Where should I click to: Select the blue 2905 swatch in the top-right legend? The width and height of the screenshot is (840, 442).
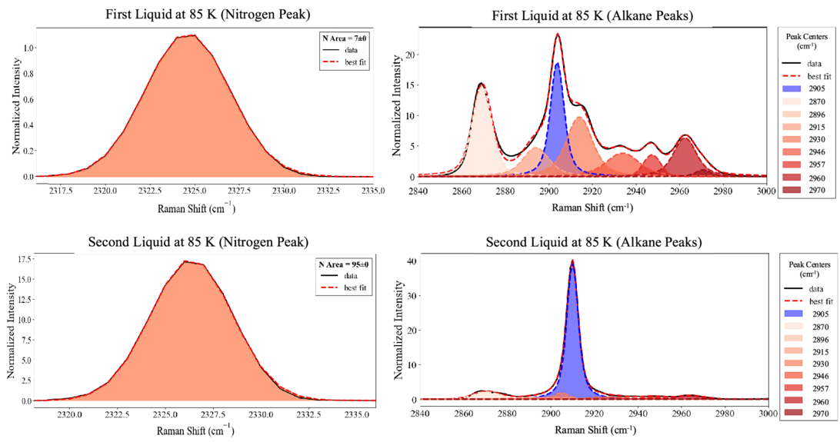tap(792, 90)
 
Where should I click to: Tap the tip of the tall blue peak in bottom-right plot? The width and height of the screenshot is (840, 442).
tap(572, 261)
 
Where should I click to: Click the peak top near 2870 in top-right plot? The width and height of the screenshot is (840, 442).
tap(482, 84)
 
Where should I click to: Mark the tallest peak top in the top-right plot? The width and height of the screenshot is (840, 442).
tap(557, 34)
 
